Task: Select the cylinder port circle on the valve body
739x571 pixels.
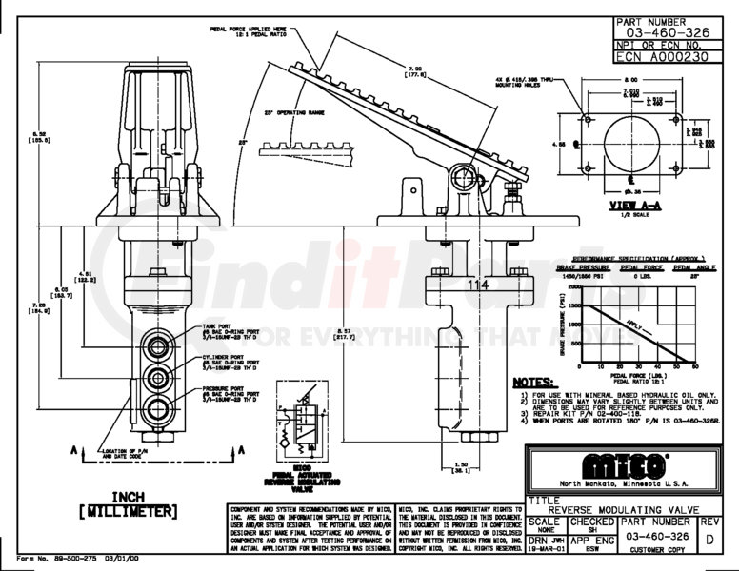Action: tap(153, 375)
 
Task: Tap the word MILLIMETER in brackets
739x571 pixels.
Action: tap(129, 511)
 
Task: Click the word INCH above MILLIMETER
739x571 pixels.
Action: tap(129, 495)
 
